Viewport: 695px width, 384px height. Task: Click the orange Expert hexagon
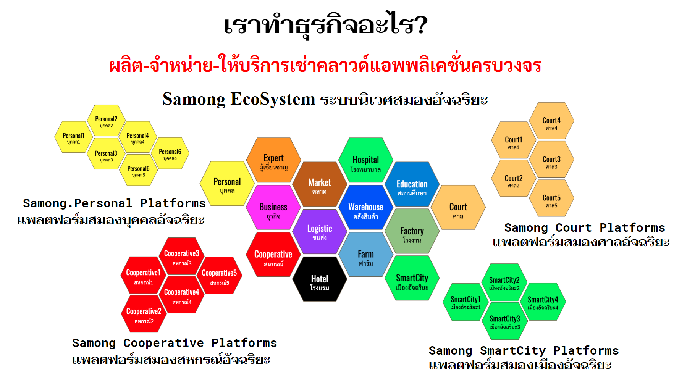[x=273, y=160]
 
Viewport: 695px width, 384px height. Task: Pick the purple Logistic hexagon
[x=320, y=231]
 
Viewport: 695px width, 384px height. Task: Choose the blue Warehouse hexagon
[x=366, y=208]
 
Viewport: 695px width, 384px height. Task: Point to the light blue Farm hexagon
[x=366, y=255]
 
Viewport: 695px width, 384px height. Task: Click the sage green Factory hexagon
[x=412, y=231]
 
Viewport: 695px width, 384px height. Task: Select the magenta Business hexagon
[x=273, y=208]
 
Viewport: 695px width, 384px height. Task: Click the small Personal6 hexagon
[x=170, y=153]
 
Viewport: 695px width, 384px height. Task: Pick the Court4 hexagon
[x=551, y=121]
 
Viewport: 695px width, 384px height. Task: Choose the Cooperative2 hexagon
[x=144, y=314]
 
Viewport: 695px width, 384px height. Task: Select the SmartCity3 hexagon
[x=504, y=321]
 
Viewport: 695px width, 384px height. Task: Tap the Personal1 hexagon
[x=74, y=137]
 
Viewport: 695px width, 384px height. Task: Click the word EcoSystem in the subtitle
[x=273, y=99]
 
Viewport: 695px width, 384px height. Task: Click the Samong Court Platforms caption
[x=585, y=228]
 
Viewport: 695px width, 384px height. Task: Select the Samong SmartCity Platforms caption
[x=524, y=350]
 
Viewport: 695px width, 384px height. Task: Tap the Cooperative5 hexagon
[x=219, y=275]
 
